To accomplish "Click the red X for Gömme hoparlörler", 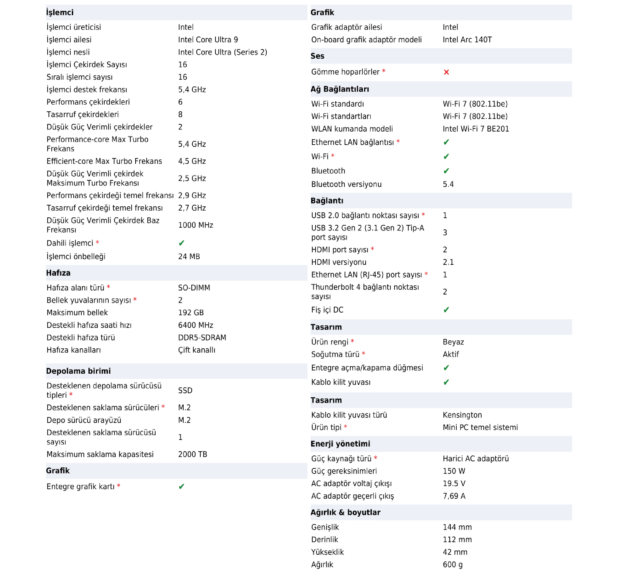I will pos(446,72).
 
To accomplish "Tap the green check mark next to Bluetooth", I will pos(446,171).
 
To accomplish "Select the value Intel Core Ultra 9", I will pos(208,39).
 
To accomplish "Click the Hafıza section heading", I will pos(58,273).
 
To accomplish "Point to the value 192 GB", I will pos(191,313).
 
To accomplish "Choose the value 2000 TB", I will pos(192,454).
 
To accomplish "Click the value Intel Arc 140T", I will pos(467,39).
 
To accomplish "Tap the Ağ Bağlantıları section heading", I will pos(339,89).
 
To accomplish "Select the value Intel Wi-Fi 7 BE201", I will pos(476,129).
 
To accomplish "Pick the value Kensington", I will pos(462,415).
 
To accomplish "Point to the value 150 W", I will pos(454,471).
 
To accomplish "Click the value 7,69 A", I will pos(454,496).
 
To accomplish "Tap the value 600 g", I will pos(453,564).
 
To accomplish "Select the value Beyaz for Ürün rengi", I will pos(453,342).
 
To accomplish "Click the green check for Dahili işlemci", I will pos(182,243).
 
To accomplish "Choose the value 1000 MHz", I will pos(196,225).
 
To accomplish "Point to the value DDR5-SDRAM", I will pos(202,337).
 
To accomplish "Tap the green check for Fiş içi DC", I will pos(446,310).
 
